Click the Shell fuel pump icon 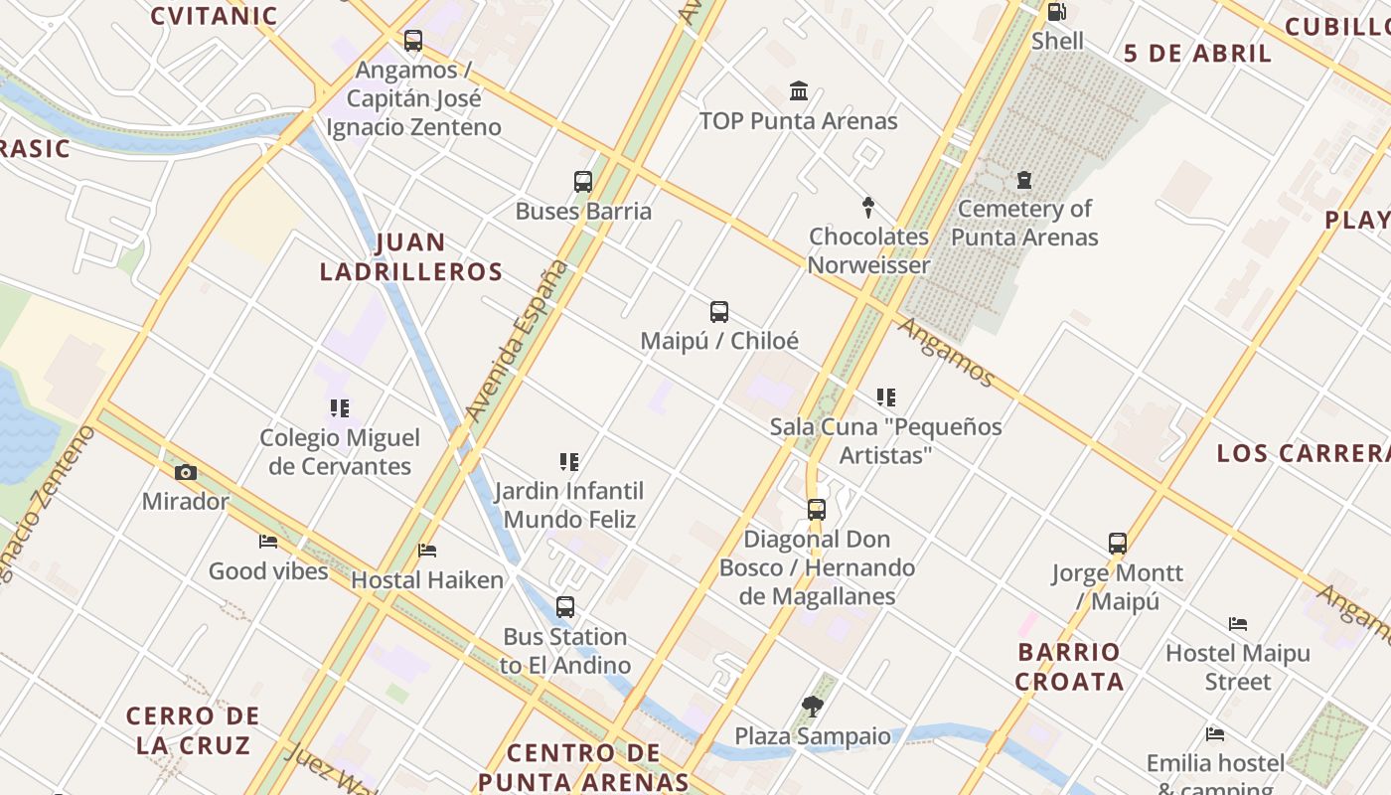[x=1057, y=13]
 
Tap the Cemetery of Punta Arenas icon [x=1024, y=180]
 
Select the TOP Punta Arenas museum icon [x=798, y=91]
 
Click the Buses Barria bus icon [x=583, y=182]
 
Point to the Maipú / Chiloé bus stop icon [x=719, y=312]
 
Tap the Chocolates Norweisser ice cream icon [x=868, y=208]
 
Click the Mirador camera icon [x=185, y=472]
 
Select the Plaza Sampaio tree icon [x=813, y=707]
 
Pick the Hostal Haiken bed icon [x=427, y=551]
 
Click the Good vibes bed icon [x=268, y=542]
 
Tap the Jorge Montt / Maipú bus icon [x=1118, y=544]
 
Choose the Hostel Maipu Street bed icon [x=1238, y=624]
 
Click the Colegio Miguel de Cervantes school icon [x=340, y=408]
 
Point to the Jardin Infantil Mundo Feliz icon [x=569, y=462]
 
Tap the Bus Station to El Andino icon [x=565, y=607]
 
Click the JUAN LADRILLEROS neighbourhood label [x=411, y=257]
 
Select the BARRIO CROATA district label [x=1069, y=667]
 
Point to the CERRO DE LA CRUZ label [x=193, y=730]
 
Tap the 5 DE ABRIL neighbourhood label [x=1197, y=54]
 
